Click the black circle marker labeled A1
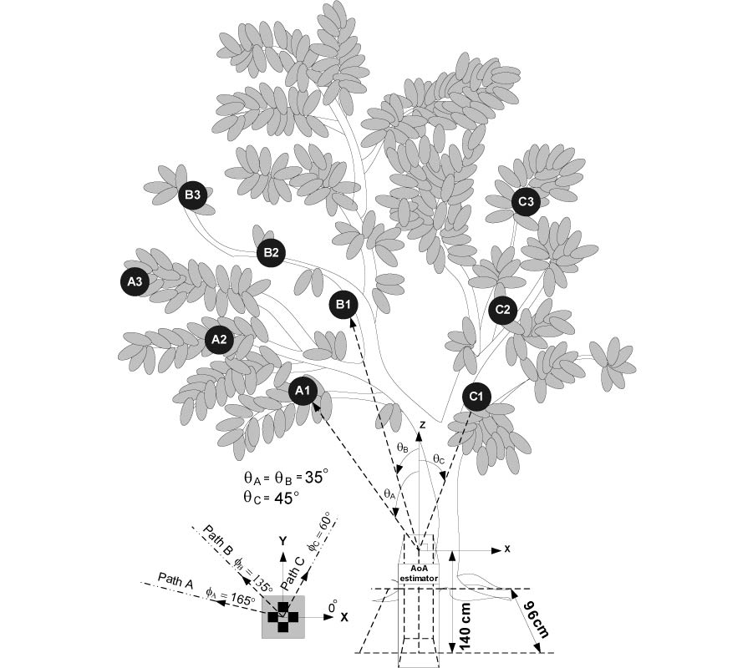[303, 390]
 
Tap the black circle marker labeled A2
[219, 340]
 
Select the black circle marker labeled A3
[135, 282]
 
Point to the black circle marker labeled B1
[344, 305]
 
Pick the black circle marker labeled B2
[271, 252]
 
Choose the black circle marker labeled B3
[192, 196]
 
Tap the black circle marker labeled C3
[525, 202]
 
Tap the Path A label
[175, 581]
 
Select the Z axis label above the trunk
[423, 425]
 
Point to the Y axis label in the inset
[283, 539]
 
